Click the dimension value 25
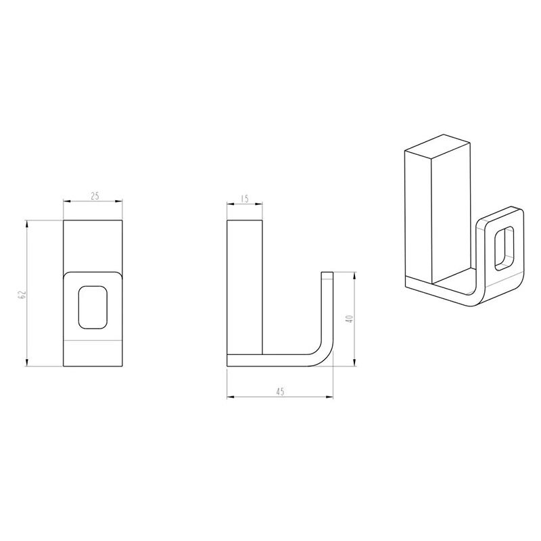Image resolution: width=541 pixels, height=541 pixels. tap(95, 196)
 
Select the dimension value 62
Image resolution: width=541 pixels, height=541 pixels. tap(23, 295)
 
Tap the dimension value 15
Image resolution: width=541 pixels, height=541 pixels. tap(245, 199)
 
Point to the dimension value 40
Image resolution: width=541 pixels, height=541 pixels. tap(350, 319)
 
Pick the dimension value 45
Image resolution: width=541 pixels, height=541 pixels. tap(280, 392)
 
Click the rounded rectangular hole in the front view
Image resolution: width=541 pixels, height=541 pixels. tap(93, 307)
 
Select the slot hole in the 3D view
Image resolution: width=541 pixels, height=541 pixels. tap(504, 248)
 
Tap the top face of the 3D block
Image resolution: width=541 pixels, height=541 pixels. tap(438, 147)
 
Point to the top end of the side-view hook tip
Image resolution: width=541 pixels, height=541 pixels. tap(327, 273)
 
